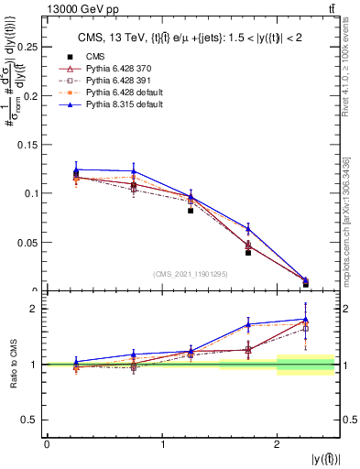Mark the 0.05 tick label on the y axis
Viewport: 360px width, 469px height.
(x=30, y=243)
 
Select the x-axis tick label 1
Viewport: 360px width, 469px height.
(x=162, y=444)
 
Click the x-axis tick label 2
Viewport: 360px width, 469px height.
(x=277, y=444)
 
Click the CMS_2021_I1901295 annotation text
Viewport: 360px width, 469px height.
(x=191, y=274)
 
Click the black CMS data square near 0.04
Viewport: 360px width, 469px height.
(x=248, y=252)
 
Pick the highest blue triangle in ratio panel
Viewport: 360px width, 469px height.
(x=306, y=319)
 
